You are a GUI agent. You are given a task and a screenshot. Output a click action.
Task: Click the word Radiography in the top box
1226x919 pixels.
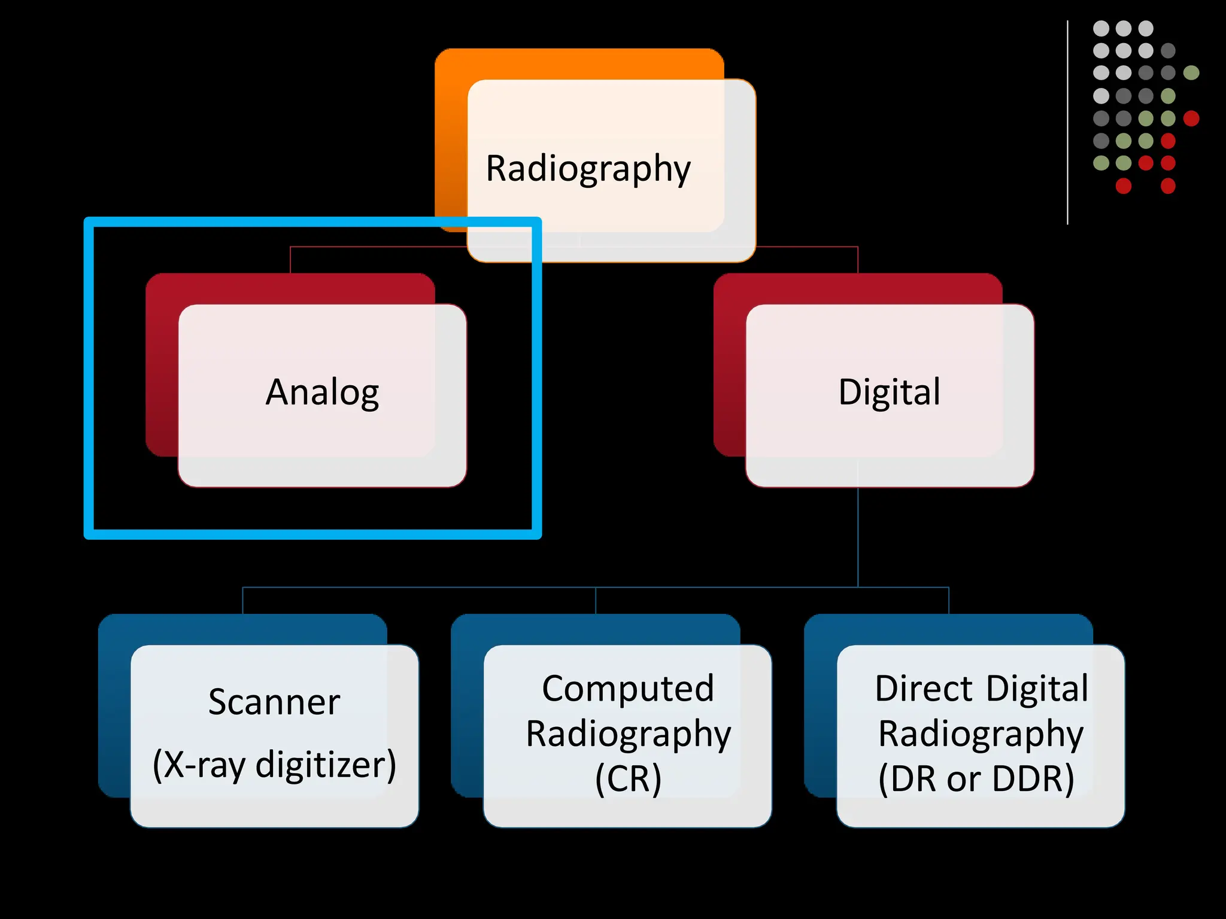click(x=588, y=169)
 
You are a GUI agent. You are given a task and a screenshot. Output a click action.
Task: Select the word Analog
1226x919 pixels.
click(x=322, y=392)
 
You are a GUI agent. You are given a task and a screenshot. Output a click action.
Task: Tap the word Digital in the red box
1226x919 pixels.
click(x=889, y=392)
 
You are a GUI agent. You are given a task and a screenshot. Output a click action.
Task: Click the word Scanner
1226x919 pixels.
click(x=274, y=702)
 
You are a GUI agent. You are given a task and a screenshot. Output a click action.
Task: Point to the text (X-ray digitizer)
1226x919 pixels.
click(x=274, y=765)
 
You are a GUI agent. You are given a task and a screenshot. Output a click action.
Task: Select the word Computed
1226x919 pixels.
click(x=628, y=689)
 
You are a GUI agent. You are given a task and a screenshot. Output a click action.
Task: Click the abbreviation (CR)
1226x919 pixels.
click(x=628, y=778)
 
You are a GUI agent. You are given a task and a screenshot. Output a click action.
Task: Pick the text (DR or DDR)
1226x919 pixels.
click(x=976, y=778)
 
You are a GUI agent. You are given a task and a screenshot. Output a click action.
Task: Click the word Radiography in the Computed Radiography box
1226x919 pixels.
click(x=628, y=734)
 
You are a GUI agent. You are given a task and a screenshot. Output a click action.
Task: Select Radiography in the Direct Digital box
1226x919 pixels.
click(x=981, y=734)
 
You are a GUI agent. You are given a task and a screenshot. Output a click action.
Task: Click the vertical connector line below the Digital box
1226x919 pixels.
click(x=858, y=538)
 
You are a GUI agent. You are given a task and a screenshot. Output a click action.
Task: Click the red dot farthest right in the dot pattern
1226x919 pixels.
click(x=1191, y=118)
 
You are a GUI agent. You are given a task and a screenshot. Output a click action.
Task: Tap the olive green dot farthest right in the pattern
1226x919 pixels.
click(x=1191, y=73)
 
